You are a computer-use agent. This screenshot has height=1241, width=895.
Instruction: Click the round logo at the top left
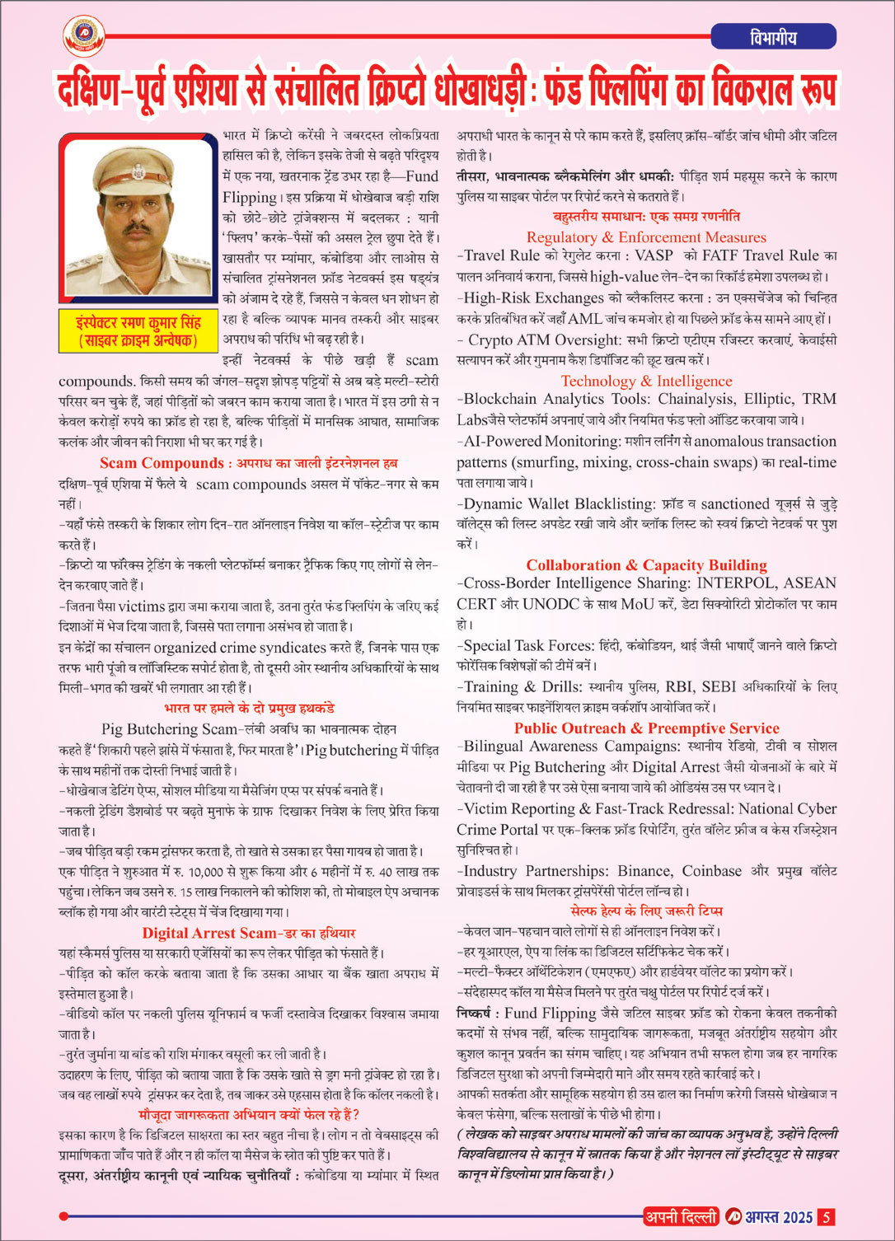84,35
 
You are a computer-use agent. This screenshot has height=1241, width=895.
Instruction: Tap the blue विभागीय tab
773,37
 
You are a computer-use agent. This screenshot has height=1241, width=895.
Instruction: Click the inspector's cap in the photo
135,164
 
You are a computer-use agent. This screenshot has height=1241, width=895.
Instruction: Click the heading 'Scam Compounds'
162,463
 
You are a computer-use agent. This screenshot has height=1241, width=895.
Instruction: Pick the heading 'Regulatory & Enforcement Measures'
646,237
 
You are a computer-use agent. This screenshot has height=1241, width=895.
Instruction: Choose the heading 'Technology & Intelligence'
646,381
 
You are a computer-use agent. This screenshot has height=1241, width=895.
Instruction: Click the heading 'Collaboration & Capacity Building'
646,564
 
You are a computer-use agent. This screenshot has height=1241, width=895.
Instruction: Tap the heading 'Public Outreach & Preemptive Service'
646,728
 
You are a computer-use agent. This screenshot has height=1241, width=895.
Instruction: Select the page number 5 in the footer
827,1217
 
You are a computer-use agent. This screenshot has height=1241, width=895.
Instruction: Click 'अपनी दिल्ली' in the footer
681,1217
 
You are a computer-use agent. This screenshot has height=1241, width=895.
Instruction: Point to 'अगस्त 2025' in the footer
779,1217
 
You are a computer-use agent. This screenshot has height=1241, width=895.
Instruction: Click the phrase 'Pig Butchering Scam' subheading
169,729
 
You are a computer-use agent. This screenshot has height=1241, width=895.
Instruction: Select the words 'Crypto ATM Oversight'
544,340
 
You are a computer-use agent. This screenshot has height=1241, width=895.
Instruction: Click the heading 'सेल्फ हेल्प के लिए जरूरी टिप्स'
646,911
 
